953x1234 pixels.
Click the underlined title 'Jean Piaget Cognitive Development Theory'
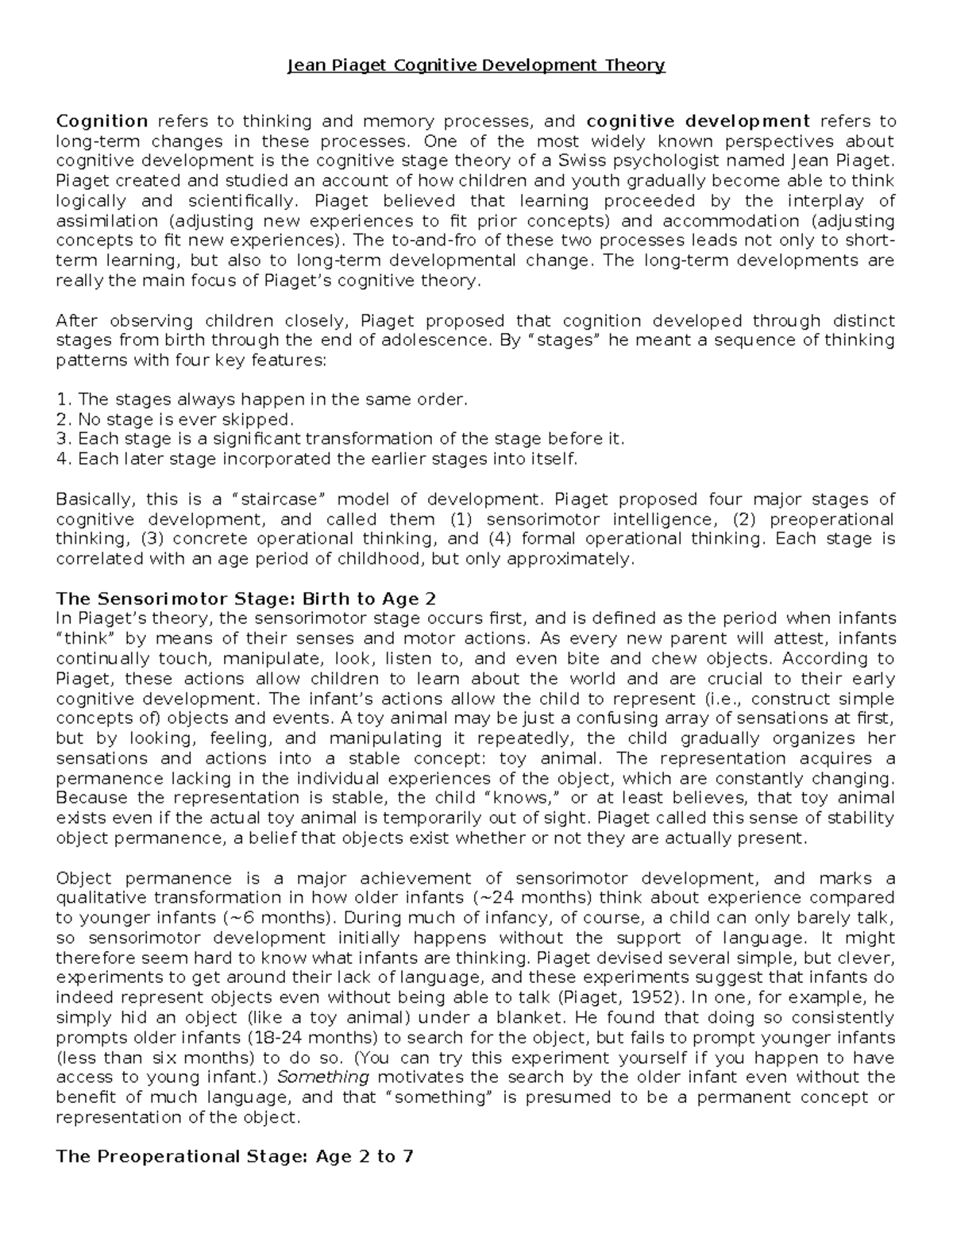(476, 65)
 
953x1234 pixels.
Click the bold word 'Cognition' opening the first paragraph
(102, 122)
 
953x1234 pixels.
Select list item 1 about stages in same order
(262, 400)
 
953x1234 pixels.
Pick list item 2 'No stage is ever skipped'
(176, 420)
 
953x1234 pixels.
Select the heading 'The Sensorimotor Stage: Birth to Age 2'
(246, 598)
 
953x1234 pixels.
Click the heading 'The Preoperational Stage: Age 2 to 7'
(235, 1157)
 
